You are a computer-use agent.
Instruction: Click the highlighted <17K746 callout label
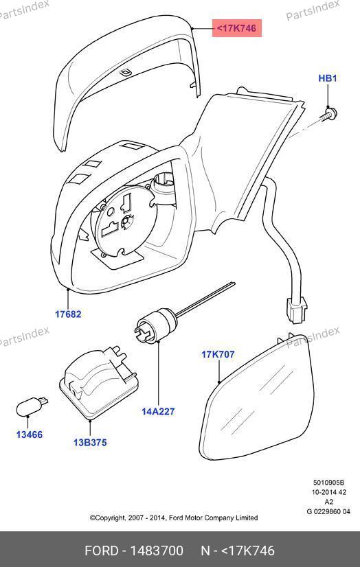236,28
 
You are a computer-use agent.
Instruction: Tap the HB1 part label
328,78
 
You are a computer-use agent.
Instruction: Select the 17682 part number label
68,314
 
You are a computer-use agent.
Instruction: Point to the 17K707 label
218,354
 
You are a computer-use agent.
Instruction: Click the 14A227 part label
158,411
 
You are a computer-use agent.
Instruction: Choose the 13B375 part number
90,442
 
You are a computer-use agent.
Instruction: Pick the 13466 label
30,435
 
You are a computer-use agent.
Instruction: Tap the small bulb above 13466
32,406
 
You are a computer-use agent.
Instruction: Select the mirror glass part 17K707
258,397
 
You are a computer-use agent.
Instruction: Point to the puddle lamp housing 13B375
98,383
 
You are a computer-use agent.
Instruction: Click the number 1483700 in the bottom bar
157,551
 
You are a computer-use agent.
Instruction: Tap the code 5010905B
328,483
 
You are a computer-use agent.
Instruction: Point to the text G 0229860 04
328,511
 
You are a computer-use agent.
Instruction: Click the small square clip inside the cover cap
125,73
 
